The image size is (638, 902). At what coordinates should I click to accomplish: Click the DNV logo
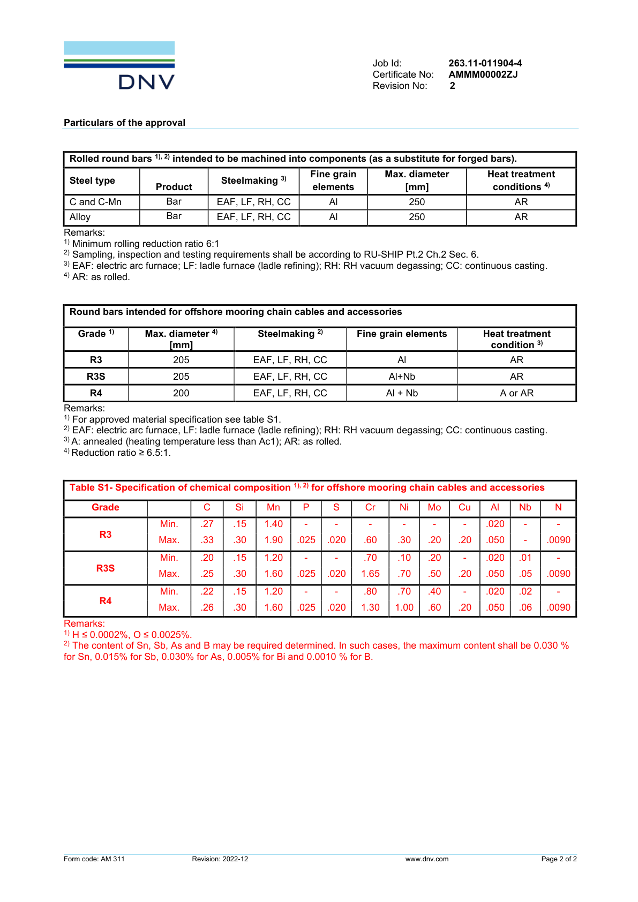[x=119, y=65]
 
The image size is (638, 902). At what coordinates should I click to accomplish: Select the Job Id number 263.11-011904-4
[x=485, y=63]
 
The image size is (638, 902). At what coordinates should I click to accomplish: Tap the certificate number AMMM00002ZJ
[x=483, y=74]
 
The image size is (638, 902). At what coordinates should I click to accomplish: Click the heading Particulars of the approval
[x=124, y=123]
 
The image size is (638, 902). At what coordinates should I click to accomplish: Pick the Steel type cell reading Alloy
[x=80, y=217]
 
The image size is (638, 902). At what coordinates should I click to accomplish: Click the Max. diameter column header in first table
[x=417, y=181]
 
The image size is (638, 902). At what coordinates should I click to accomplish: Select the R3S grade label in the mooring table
[x=96, y=377]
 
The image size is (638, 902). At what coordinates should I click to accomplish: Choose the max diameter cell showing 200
[x=181, y=393]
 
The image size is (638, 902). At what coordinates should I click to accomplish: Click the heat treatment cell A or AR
[x=516, y=393]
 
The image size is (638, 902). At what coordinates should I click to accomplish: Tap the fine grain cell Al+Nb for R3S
[x=402, y=377]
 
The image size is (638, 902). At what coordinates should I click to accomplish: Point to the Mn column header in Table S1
[x=273, y=507]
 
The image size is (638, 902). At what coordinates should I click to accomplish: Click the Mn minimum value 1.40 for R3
[x=273, y=524]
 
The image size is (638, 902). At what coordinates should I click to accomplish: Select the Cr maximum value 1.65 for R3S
[x=370, y=574]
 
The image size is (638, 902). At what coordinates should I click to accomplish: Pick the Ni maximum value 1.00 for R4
[x=404, y=607]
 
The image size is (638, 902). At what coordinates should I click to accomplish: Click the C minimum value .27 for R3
[x=207, y=524]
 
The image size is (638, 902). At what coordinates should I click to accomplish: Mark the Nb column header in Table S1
[x=525, y=507]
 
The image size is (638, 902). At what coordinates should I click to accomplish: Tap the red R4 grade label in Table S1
[x=106, y=601]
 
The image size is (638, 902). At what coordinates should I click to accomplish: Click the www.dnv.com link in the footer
[x=426, y=859]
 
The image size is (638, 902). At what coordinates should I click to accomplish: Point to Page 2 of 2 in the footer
[x=559, y=859]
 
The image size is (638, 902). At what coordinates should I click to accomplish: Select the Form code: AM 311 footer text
[x=94, y=859]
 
